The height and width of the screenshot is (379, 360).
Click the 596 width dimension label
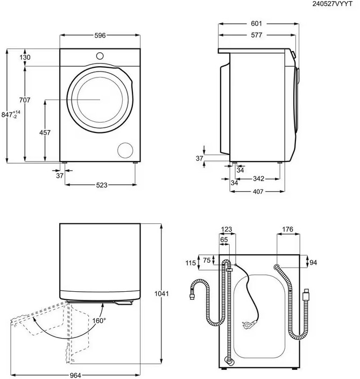[x=100, y=36]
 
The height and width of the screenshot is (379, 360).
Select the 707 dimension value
[x=25, y=100]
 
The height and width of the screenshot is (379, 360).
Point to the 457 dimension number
[x=45, y=132]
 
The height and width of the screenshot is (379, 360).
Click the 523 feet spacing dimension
[x=102, y=185]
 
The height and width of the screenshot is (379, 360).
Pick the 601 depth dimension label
[x=256, y=24]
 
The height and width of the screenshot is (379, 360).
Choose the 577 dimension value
[x=256, y=36]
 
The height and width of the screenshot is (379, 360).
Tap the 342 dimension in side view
[x=258, y=179]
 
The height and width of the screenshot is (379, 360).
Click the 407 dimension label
[x=258, y=192]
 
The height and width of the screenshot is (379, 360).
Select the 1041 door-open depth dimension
[x=161, y=294]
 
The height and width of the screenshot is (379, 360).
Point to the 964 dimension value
[x=75, y=375]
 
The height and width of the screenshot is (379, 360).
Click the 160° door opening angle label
[x=99, y=321]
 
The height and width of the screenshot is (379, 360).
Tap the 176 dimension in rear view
[x=287, y=229]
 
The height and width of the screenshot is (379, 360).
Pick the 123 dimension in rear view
[x=227, y=229]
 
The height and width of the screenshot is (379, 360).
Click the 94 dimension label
[x=313, y=263]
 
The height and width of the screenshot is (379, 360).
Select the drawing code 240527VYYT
[x=332, y=4]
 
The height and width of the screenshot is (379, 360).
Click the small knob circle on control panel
[x=100, y=56]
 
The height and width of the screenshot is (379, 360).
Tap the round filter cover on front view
[x=125, y=150]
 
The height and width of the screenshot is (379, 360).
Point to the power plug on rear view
[x=249, y=324]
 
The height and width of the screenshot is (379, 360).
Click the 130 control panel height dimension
[x=25, y=58]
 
